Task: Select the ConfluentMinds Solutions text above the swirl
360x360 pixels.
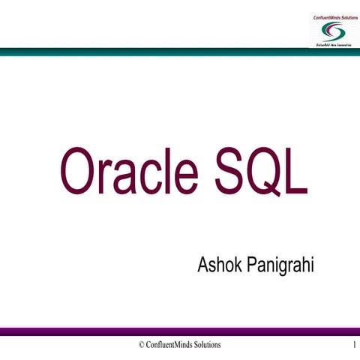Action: click(x=331, y=16)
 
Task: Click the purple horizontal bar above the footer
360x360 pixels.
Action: click(x=180, y=331)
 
